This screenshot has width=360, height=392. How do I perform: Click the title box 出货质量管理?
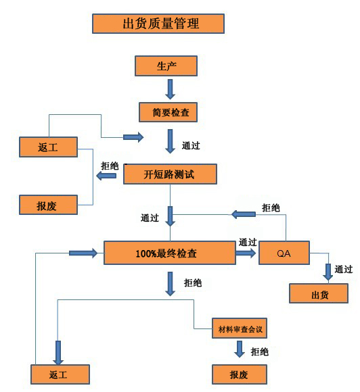158,24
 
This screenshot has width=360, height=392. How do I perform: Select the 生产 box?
166,66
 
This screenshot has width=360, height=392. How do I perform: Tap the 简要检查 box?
168,112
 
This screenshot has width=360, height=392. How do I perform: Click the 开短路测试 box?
170,174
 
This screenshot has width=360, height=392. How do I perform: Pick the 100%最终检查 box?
170,253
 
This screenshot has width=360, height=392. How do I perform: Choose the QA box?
284,253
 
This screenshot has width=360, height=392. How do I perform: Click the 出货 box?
319,293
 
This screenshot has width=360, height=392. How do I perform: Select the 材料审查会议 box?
240,328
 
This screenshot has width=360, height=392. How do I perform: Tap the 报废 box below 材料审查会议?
240,374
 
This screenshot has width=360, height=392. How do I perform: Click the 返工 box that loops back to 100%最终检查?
60,374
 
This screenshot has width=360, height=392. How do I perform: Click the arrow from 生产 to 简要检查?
171,89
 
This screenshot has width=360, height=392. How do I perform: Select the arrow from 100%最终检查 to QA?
246,253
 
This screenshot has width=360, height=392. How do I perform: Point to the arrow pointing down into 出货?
328,272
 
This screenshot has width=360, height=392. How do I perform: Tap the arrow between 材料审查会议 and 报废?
240,349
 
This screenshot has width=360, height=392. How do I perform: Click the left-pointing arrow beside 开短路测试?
106,176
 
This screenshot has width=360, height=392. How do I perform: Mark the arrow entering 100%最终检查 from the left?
83,253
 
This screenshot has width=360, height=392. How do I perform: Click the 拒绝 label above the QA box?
271,207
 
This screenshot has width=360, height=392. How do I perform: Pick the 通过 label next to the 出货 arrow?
344,269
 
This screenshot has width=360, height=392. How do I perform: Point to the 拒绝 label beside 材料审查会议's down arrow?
260,351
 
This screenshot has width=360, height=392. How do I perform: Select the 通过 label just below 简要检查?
191,145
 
